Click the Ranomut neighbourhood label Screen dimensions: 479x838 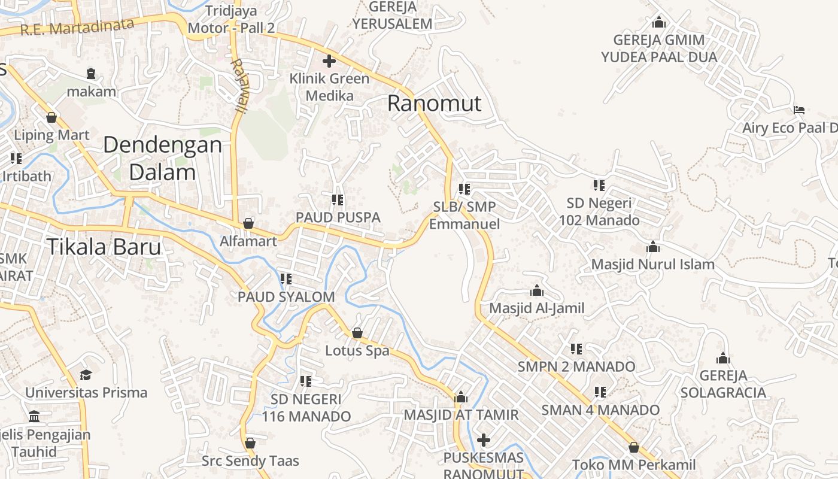pyautogui.click(x=434, y=103)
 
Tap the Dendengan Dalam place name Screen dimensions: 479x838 pyautogui.click(x=162, y=159)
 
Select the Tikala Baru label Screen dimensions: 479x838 pyautogui.click(x=104, y=247)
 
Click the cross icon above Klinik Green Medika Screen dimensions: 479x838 pyautogui.click(x=329, y=61)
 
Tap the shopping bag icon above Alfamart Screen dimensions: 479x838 pyautogui.click(x=248, y=223)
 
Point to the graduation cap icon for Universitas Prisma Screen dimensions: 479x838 pyautogui.click(x=86, y=375)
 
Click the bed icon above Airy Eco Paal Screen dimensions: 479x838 pyautogui.click(x=798, y=110)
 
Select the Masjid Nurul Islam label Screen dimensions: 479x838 pyautogui.click(x=652, y=264)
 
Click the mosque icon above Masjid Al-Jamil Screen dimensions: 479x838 pyautogui.click(x=536, y=291)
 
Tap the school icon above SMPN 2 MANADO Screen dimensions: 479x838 pyautogui.click(x=576, y=348)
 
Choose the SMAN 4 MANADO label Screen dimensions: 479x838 pyautogui.click(x=600, y=410)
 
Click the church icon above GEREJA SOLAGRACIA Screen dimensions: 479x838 pyautogui.click(x=723, y=359)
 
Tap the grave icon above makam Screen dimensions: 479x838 pyautogui.click(x=91, y=74)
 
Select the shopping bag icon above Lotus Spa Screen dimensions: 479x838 pyautogui.click(x=357, y=333)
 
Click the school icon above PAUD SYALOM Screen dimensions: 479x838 pyautogui.click(x=286, y=279)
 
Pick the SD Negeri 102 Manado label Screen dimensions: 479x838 pyautogui.click(x=599, y=212)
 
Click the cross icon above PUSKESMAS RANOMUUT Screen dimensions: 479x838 pyautogui.click(x=484, y=441)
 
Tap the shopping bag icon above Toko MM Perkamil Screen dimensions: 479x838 pyautogui.click(x=634, y=447)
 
